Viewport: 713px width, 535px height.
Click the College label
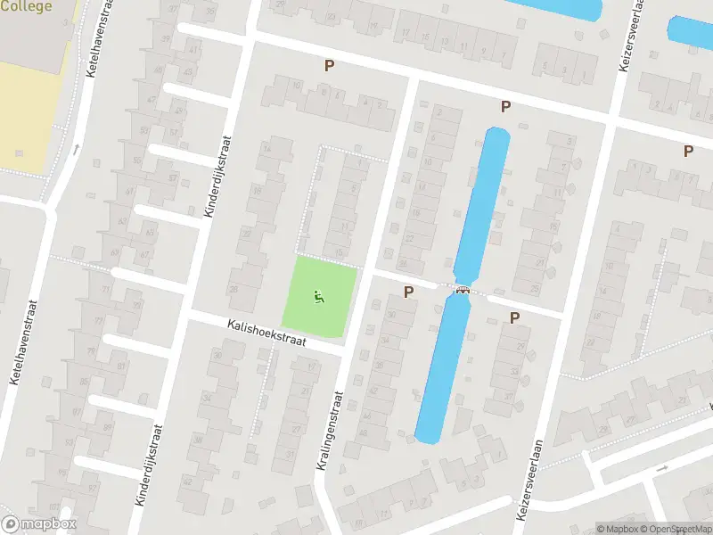(27, 6)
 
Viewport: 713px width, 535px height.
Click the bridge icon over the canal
(463, 290)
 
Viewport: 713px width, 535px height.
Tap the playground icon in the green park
(317, 297)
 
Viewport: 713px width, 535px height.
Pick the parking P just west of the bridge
(409, 292)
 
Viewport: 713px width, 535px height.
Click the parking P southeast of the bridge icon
(514, 317)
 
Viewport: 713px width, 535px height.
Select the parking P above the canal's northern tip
(505, 107)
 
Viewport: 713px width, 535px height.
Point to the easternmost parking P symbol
(688, 152)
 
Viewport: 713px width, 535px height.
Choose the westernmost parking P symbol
(329, 65)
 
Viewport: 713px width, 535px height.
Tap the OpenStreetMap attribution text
(676, 529)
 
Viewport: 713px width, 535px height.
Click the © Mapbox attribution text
(617, 529)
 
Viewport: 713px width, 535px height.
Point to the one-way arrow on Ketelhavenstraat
(76, 149)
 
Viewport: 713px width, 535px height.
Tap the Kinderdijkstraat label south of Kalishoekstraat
(147, 464)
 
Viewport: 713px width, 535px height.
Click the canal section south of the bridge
(442, 370)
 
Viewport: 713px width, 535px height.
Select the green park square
(319, 297)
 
